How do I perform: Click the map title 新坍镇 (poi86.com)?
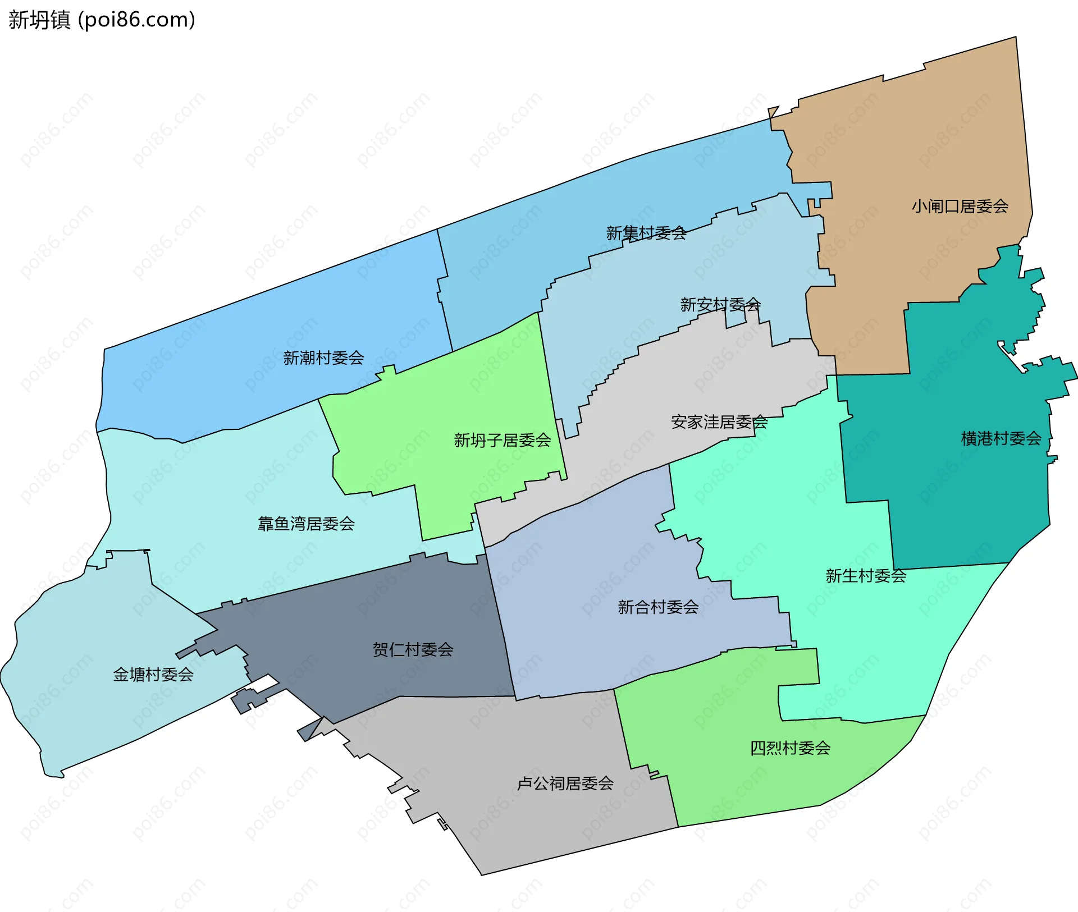(102, 20)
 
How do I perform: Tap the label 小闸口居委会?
(960, 207)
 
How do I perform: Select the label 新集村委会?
(646, 233)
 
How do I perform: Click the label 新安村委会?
(720, 305)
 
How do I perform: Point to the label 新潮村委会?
(323, 358)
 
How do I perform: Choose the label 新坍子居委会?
(502, 440)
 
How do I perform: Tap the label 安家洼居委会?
(719, 422)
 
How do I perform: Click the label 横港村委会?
(1001, 438)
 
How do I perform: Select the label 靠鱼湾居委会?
(306, 524)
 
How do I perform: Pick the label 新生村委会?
(865, 576)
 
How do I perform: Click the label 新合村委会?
(658, 607)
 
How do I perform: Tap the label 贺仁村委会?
(413, 649)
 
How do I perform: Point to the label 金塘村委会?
(153, 675)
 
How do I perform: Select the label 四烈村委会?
(790, 748)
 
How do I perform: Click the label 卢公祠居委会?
(565, 783)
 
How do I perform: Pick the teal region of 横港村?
(954, 505)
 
